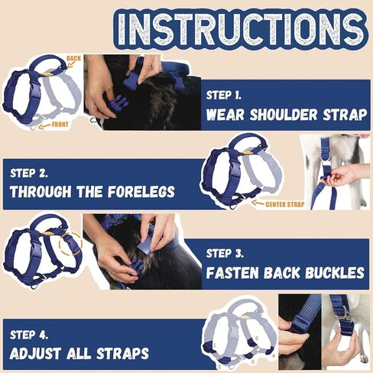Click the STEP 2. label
[30, 172]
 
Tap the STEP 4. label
[31, 334]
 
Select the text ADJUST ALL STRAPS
[79, 354]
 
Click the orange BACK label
[73, 58]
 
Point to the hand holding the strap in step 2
[344, 176]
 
